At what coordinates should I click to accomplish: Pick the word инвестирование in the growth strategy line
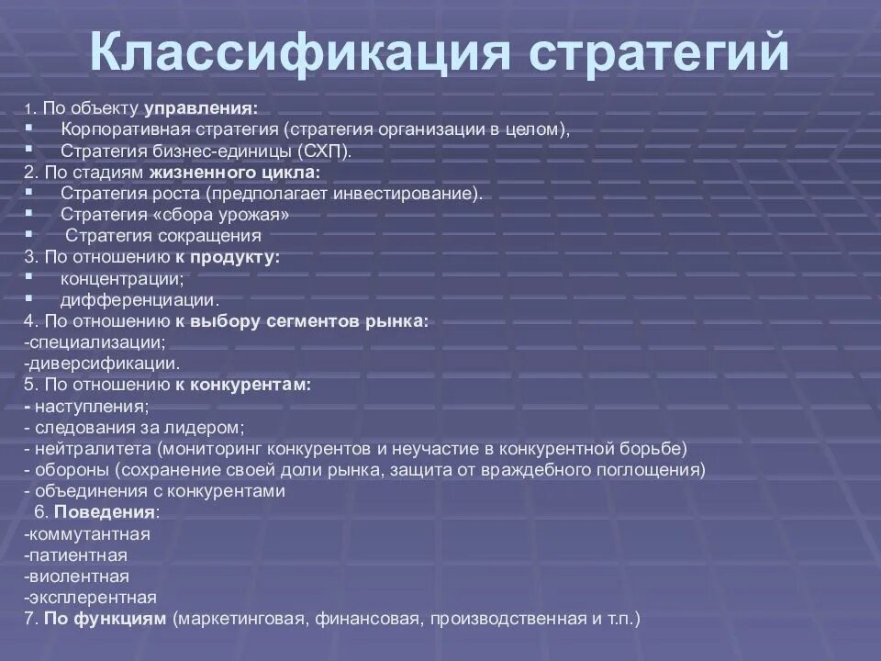click(411, 194)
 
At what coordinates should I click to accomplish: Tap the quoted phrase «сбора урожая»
click(229, 215)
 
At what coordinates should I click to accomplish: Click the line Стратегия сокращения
click(163, 236)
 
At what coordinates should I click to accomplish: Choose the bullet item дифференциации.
click(127, 299)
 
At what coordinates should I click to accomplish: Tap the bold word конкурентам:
click(251, 385)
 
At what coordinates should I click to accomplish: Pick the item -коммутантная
click(88, 533)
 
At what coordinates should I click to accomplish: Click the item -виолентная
click(78, 576)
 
